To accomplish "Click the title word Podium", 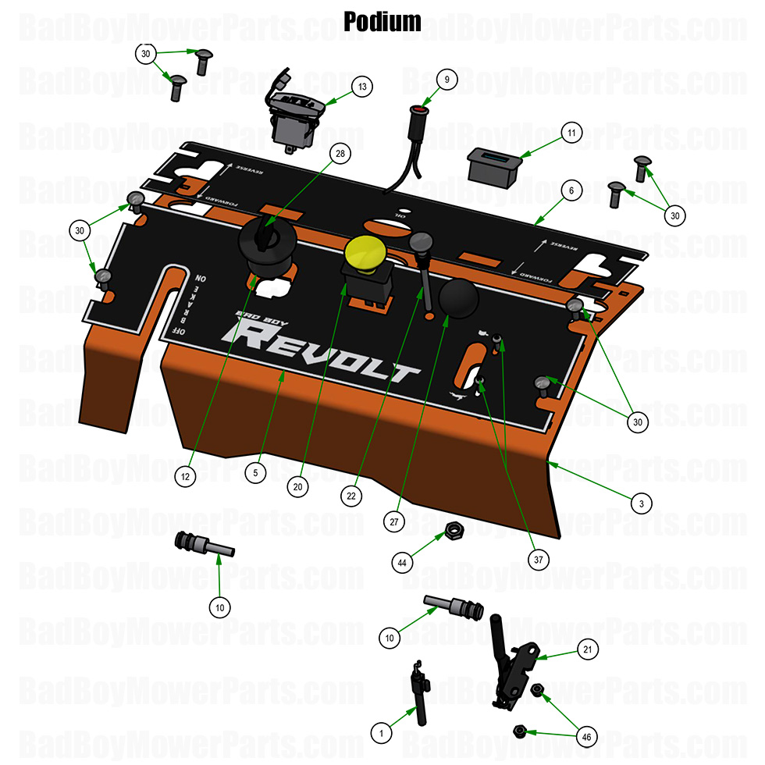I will coord(382,21).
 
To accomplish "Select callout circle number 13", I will coord(361,87).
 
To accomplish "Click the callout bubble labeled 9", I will coord(447,79).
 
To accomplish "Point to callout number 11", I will coord(571,133).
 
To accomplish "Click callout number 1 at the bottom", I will coord(381,732).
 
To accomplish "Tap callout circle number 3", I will coord(641,503).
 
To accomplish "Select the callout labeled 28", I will coord(340,154).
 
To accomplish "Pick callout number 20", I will coord(297,486).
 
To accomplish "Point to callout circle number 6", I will coord(571,190).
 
